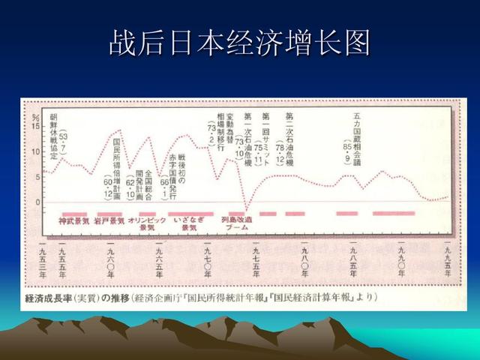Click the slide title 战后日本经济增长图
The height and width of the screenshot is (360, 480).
[240, 43]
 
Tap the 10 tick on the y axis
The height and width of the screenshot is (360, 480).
[36, 152]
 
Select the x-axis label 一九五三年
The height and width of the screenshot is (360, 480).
[43, 262]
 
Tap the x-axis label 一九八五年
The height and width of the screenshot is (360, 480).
[353, 262]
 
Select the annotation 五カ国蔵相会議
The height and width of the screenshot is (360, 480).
[357, 132]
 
